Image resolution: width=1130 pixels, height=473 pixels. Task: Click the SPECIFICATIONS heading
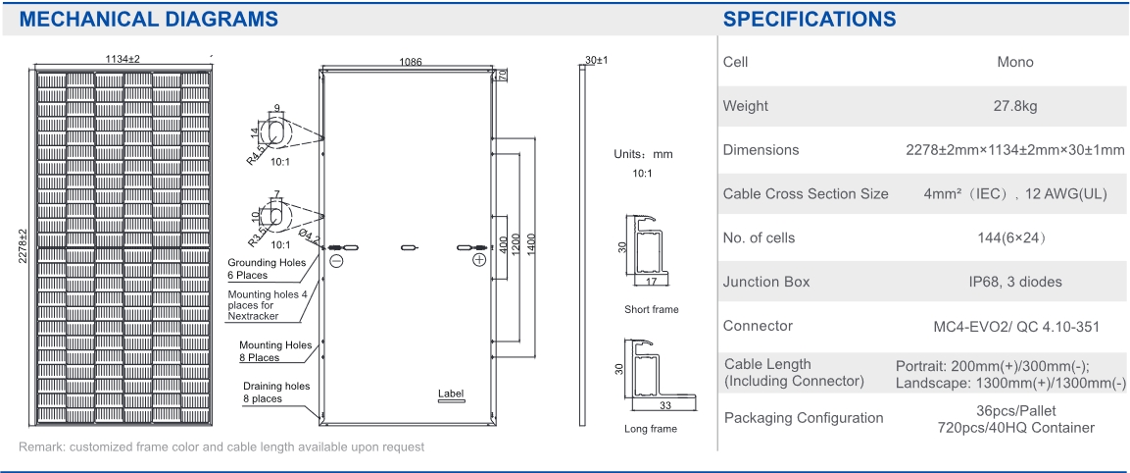[810, 19]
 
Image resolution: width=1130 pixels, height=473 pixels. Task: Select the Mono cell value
[1014, 62]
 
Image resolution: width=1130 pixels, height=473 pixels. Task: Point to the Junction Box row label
[766, 282]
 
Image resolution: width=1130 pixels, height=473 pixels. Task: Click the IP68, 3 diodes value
[1014, 282]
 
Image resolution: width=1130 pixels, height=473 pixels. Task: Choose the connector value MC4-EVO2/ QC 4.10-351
[1014, 326]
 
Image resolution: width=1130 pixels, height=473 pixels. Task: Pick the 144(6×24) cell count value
[1014, 237]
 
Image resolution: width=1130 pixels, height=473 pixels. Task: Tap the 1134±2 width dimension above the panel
[123, 60]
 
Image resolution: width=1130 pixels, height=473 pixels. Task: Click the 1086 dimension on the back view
[411, 62]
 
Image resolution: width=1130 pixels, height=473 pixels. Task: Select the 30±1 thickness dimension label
[596, 61]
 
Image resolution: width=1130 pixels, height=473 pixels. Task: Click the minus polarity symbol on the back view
[336, 261]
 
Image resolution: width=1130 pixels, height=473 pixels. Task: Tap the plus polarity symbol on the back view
[478, 260]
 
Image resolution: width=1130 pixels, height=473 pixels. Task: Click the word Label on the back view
[451, 394]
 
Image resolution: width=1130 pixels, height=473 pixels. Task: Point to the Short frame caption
[651, 310]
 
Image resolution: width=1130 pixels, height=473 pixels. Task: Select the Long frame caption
[651, 429]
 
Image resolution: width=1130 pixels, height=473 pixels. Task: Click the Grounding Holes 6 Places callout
[267, 269]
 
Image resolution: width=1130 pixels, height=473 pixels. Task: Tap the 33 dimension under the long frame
[666, 404]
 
